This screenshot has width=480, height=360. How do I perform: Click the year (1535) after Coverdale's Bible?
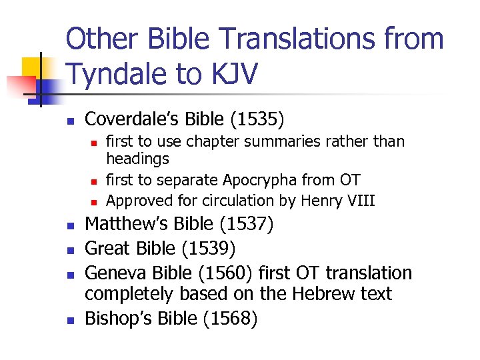point(257,119)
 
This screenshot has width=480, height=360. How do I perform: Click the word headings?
point(138,159)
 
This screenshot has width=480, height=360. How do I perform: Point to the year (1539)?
point(209,249)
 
